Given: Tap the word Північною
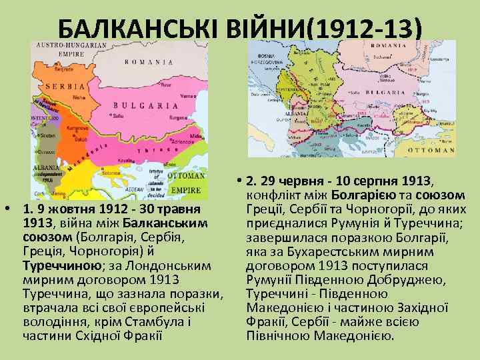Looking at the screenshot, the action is tap(275, 335).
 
